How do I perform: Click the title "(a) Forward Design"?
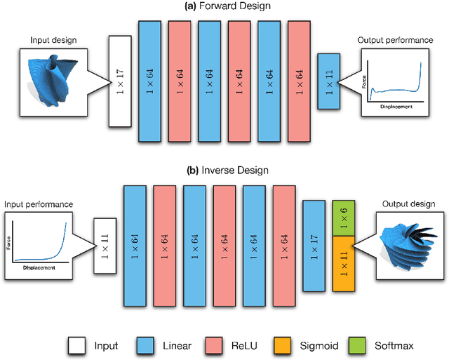tap(224, 6)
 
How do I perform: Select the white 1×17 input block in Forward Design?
tap(120, 81)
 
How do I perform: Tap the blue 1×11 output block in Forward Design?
tap(330, 81)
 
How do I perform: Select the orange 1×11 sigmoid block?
tap(344, 261)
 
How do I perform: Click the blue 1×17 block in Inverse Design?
tap(315, 246)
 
